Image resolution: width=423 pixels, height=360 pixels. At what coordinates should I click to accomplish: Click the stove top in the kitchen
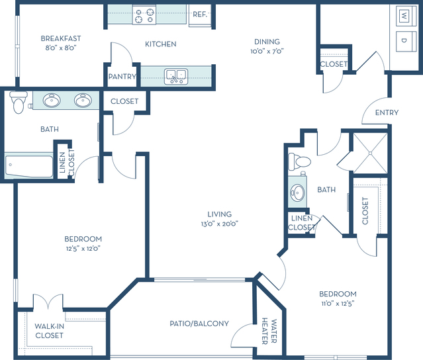(x=144, y=15)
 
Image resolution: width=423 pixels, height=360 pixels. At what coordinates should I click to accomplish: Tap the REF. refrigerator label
(x=200, y=15)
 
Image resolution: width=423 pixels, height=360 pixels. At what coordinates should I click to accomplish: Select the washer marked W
(x=404, y=15)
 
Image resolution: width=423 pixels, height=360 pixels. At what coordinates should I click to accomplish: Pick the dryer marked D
(x=404, y=40)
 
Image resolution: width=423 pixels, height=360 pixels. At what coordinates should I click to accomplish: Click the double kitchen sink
(x=176, y=77)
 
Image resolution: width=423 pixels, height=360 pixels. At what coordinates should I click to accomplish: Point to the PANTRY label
(x=122, y=77)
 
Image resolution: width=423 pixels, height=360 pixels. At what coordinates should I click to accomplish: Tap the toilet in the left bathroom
(x=18, y=102)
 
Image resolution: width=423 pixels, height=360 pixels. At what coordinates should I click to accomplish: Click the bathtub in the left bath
(x=29, y=166)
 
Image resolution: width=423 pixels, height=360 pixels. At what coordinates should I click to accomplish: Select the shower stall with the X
(x=370, y=153)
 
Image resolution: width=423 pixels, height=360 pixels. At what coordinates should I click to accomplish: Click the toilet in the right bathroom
(x=299, y=161)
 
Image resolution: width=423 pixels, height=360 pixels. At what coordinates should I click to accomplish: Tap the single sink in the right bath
(x=298, y=193)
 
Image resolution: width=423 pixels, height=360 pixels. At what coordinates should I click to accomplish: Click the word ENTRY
(x=387, y=112)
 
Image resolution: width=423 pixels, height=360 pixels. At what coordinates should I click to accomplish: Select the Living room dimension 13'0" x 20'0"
(x=220, y=224)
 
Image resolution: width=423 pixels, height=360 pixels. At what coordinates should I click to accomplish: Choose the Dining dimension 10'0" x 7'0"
(x=267, y=51)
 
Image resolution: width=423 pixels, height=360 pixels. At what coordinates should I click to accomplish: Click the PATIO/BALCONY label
(x=199, y=324)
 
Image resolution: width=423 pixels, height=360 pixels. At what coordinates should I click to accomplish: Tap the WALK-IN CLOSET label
(x=50, y=331)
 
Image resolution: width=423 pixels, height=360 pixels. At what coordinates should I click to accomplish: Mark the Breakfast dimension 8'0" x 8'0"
(x=61, y=48)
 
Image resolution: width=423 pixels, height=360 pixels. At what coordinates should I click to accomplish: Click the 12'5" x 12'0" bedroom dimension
(x=83, y=248)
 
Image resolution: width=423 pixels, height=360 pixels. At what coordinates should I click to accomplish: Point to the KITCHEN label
(x=160, y=44)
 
